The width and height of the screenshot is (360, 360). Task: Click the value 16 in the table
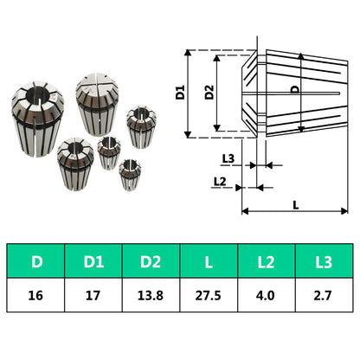pyautogui.click(x=35, y=294)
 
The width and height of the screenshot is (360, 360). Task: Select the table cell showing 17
pyautogui.click(x=93, y=294)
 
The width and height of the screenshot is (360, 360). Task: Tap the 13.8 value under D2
pyautogui.click(x=151, y=294)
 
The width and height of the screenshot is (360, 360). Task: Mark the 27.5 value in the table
pyautogui.click(x=209, y=294)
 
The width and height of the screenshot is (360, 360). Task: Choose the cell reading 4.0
pyautogui.click(x=267, y=294)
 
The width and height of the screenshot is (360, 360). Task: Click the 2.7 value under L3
pyautogui.click(x=324, y=294)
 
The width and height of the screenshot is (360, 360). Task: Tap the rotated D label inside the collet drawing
pyautogui.click(x=294, y=88)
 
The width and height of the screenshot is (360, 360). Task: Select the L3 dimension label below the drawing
pyautogui.click(x=228, y=159)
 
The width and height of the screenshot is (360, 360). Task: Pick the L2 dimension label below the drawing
pyautogui.click(x=220, y=180)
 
